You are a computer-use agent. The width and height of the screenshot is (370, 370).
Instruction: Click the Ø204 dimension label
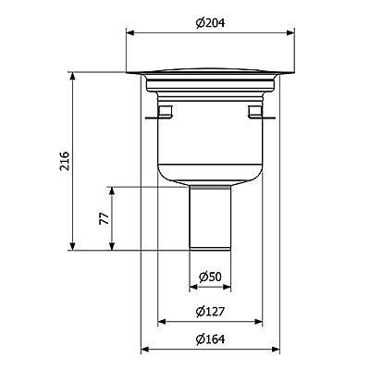coord(211,23)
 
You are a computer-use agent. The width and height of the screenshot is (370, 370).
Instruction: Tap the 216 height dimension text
coord(65,161)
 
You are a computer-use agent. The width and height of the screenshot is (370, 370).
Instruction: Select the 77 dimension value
coord(105,218)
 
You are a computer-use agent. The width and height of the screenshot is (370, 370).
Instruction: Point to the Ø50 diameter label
coord(210,277)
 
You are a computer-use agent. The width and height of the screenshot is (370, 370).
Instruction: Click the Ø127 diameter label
coord(210,312)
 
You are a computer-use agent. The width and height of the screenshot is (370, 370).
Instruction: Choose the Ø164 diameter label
coord(210,339)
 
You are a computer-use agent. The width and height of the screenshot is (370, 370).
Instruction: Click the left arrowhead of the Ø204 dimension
coord(130,33)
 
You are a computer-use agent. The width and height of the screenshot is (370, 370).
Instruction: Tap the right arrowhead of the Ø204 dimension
coord(290,33)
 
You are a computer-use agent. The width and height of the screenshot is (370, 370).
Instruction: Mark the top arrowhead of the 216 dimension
coord(72,76)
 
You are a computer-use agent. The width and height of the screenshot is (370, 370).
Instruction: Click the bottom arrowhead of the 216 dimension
coord(72,246)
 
